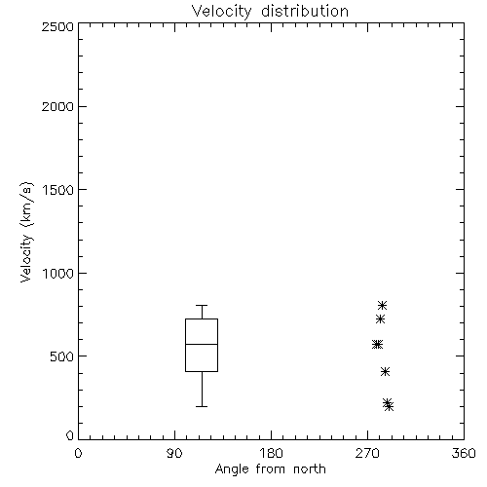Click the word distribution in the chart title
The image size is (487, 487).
pos(305,11)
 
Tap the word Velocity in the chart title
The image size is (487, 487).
pos(222,12)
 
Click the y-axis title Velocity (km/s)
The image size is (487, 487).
pos(26,232)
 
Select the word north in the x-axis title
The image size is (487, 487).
pos(310,468)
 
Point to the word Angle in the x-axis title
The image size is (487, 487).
pos(232,469)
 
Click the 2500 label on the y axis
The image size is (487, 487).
pos(57,26)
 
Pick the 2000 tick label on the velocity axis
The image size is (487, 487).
pos(57,106)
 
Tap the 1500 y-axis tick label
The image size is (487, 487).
pos(58,190)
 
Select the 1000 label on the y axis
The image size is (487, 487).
pos(58,273)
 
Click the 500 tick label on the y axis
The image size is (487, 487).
pos(62,356)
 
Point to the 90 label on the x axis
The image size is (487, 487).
pos(174,453)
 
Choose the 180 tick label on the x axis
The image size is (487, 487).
pos(271,453)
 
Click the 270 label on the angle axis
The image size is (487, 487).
pos(367,453)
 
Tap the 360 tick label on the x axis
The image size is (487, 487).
pos(464,453)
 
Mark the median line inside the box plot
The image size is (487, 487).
pos(202,344)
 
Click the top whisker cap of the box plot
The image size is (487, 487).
pos(202,305)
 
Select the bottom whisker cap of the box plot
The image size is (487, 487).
pos(202,406)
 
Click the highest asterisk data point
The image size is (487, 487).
pos(382,305)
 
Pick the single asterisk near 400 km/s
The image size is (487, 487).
pos(385,372)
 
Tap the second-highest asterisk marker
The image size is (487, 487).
pos(380,319)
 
